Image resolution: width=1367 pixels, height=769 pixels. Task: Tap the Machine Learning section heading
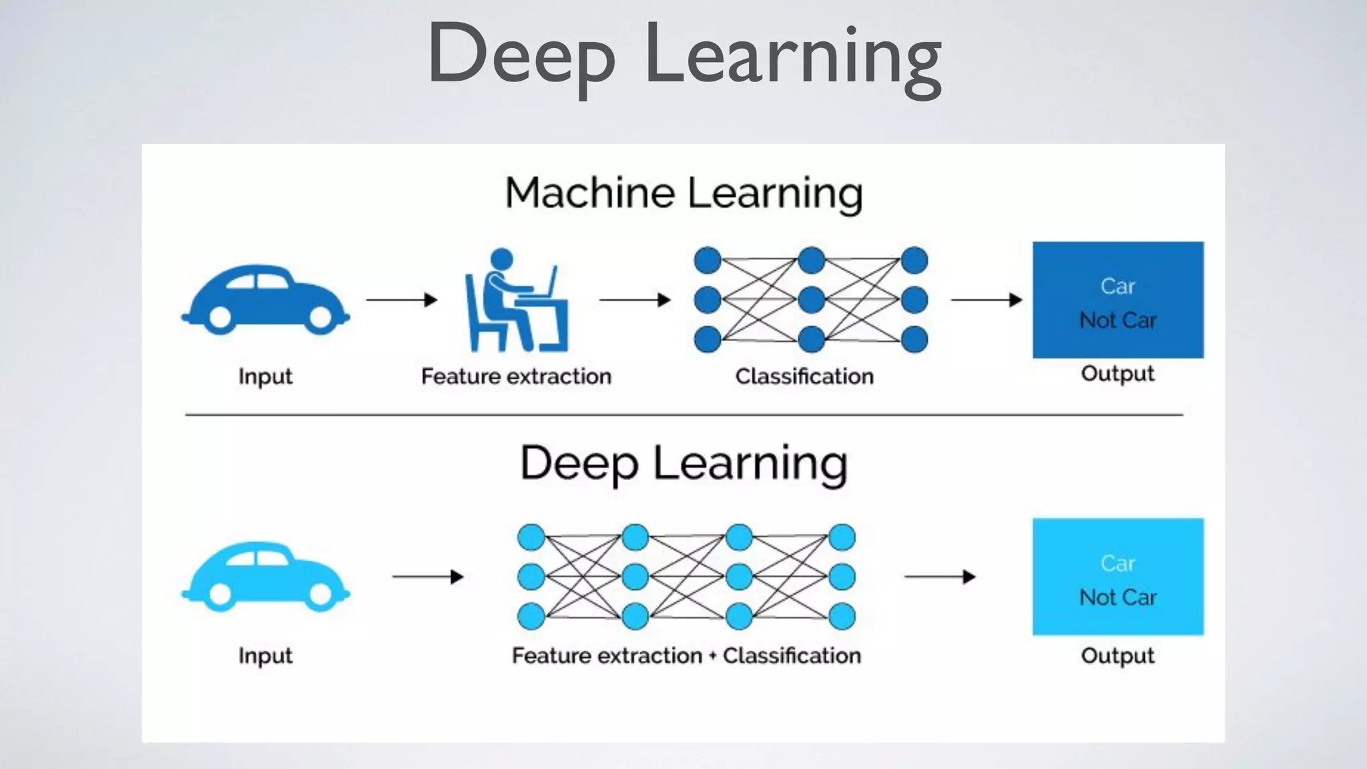tap(683, 193)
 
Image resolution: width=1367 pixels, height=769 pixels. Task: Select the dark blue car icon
tap(266, 299)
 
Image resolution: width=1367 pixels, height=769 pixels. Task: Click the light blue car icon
tap(266, 575)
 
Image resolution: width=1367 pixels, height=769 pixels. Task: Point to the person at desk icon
tap(515, 300)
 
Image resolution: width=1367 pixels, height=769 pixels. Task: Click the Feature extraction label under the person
tap(516, 376)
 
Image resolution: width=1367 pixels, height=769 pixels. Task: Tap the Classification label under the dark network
tap(804, 376)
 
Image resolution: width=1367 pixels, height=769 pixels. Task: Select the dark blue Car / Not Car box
tap(1118, 300)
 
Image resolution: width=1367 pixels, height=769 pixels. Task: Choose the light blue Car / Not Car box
tap(1118, 576)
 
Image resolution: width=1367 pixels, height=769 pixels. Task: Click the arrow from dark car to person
tap(401, 300)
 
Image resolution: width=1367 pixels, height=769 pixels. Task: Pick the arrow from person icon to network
tap(635, 300)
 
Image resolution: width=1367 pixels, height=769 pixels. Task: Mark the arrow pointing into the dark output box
tap(987, 300)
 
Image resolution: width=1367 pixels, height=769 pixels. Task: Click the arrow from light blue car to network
tap(428, 576)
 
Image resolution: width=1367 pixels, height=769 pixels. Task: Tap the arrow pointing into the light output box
tap(940, 576)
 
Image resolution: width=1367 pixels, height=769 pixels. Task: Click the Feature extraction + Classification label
tap(686, 656)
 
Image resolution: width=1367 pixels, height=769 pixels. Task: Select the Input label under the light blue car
tap(266, 656)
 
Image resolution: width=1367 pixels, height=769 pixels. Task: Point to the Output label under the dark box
tap(1117, 373)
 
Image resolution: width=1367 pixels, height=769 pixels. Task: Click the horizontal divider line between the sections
tap(683, 415)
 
